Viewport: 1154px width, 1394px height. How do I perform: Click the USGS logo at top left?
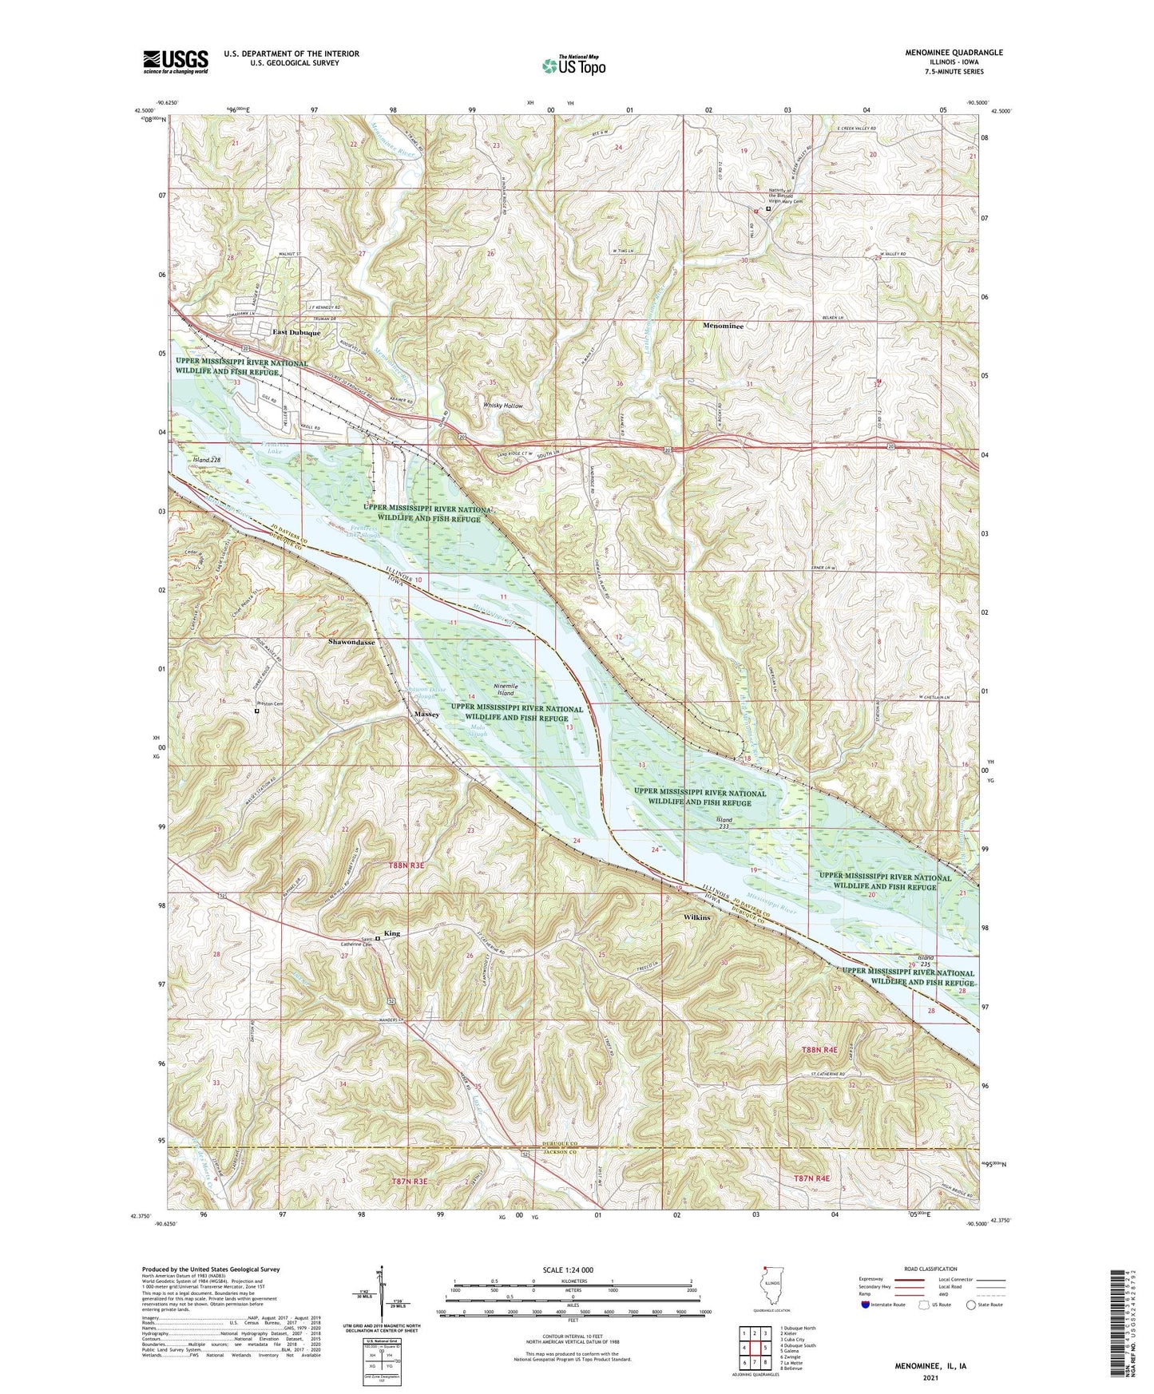pyautogui.click(x=176, y=61)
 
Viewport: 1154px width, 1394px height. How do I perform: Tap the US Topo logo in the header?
pyautogui.click(x=573, y=65)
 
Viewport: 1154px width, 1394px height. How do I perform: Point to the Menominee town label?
pyautogui.click(x=723, y=327)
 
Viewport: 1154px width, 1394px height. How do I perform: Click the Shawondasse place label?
pyautogui.click(x=351, y=642)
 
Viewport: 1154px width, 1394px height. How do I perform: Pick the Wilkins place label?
pyautogui.click(x=696, y=917)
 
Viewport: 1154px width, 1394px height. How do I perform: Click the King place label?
pyautogui.click(x=391, y=933)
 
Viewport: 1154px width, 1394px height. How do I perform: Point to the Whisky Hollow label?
pyautogui.click(x=503, y=406)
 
